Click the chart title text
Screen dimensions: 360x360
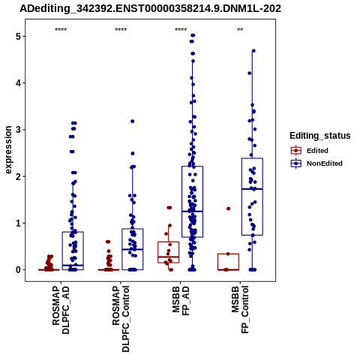coord(150,8)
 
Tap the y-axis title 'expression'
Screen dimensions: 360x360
coord(8,150)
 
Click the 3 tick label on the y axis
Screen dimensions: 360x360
coord(19,130)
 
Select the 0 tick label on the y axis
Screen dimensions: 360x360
coord(19,270)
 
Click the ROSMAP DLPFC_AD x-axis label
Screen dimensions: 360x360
coord(61,310)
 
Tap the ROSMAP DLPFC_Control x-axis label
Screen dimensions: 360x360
coord(121,319)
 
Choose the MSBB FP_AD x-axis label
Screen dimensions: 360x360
coord(181,301)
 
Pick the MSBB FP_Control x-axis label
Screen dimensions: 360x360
coord(241,310)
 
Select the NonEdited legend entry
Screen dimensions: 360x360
coord(316,163)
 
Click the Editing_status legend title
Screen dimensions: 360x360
coord(320,136)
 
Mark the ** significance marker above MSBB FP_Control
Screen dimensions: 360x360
coord(240,30)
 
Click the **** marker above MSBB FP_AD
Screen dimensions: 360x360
coord(181,30)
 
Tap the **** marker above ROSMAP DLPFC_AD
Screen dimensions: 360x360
coord(61,30)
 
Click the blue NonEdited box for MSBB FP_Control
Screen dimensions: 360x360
coord(252,196)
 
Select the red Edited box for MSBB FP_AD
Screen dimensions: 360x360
coord(169,252)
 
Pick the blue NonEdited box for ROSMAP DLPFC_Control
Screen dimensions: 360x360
coord(133,249)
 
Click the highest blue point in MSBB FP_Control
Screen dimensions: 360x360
coord(253,51)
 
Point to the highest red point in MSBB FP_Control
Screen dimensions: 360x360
coord(228,208)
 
